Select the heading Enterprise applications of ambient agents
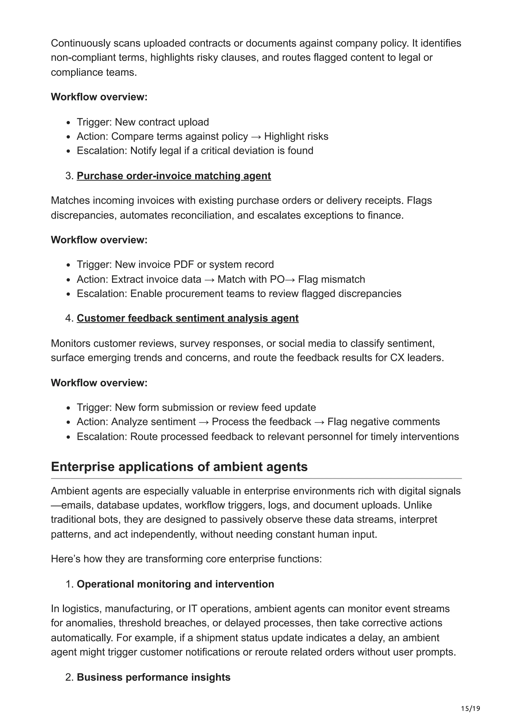point(179,467)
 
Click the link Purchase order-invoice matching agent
point(174,176)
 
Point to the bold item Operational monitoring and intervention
point(175,584)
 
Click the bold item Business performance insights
point(153,677)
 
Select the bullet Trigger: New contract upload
point(143,122)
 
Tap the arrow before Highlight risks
point(256,137)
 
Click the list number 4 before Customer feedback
point(69,318)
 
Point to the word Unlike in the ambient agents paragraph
point(417,505)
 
